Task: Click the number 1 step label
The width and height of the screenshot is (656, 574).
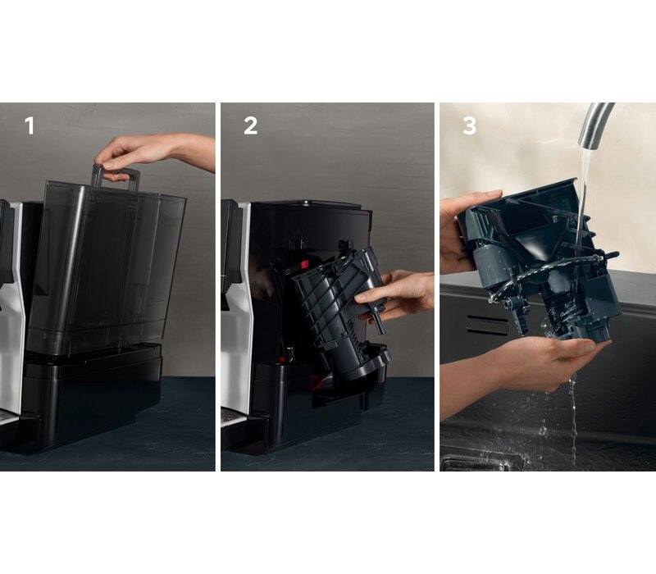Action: point(30,125)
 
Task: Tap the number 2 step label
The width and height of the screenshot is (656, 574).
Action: point(251,125)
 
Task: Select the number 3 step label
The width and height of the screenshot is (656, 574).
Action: point(469,125)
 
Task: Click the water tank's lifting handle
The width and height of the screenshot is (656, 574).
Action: point(115,177)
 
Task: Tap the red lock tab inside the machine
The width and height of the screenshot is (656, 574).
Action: point(303,264)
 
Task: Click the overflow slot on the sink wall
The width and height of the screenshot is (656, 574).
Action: point(487,325)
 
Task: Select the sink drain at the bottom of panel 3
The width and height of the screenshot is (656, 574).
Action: point(481,463)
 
